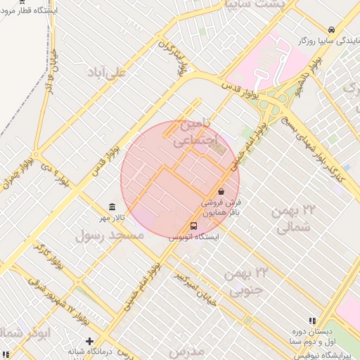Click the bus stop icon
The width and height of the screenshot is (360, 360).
click(x=193, y=226)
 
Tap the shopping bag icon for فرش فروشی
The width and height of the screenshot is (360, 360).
click(x=221, y=191)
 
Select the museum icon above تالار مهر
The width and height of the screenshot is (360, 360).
click(x=112, y=206)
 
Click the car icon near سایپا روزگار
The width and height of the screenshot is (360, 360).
click(x=331, y=30)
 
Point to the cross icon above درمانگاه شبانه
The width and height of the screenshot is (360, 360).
click(x=89, y=340)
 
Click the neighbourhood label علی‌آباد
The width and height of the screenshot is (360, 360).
click(x=106, y=72)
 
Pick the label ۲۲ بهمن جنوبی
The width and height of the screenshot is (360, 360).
click(x=246, y=280)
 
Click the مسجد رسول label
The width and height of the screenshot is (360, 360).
click(x=109, y=236)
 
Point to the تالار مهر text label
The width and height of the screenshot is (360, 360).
click(x=114, y=217)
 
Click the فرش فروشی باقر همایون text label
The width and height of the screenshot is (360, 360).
click(x=222, y=207)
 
